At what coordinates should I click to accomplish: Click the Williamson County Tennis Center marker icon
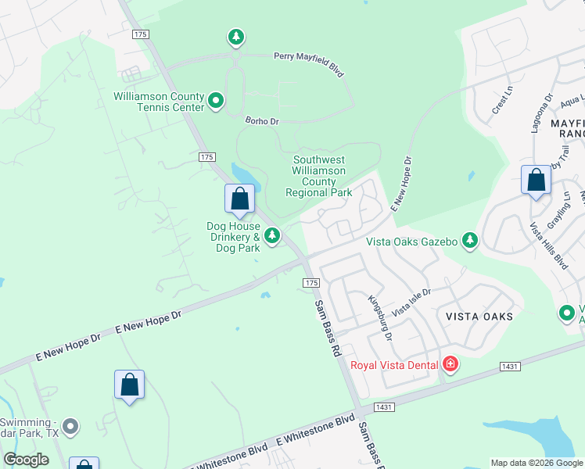pos(217,101)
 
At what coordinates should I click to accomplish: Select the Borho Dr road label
pos(261,121)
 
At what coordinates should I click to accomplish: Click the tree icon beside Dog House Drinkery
pos(272,235)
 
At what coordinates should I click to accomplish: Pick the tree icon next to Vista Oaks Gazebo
pos(470,242)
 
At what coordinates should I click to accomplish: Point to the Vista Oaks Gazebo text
pos(411,242)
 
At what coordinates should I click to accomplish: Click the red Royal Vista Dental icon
pos(450,364)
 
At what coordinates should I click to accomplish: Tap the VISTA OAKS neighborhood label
pos(479,317)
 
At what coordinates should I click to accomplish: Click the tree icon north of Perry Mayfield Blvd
pos(236,37)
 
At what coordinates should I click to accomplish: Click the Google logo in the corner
pos(26,460)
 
